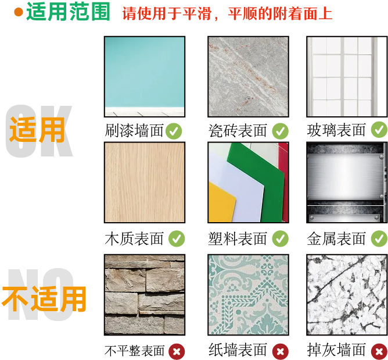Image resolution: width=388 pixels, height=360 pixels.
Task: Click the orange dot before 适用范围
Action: coord(18,12)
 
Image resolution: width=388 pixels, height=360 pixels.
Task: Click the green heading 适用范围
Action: coord(68,12)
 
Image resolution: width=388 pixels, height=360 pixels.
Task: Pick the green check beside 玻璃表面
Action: coord(379,130)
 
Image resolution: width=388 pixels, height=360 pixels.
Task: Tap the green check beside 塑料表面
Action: coord(281,238)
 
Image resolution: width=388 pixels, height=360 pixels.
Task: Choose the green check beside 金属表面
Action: coord(379,238)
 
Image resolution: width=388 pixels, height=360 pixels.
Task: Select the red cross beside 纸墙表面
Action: coord(281,351)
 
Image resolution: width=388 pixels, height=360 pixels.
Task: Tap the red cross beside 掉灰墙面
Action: coord(379,351)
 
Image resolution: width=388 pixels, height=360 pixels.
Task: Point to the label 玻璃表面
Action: coord(336,130)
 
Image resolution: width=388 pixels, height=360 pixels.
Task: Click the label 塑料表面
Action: coord(238,238)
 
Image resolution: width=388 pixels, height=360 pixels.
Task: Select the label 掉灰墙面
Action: coord(336,350)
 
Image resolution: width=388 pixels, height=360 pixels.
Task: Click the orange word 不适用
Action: coord(44,298)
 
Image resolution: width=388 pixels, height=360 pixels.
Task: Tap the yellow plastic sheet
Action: coord(221,206)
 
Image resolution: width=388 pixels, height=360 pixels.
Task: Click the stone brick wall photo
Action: coord(144,294)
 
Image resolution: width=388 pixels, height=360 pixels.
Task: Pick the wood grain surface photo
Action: coord(144,182)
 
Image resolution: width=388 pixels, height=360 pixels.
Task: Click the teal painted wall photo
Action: coord(144,76)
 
